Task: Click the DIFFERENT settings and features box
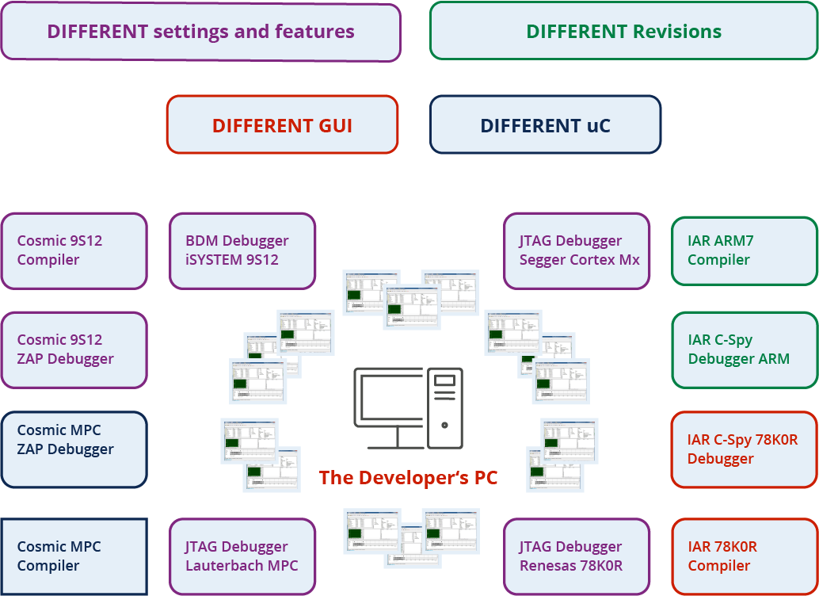coord(200,32)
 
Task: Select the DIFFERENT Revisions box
coord(623,32)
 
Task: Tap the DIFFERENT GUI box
coord(282,125)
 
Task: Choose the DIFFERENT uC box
coord(545,125)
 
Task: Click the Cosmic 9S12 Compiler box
coord(74,250)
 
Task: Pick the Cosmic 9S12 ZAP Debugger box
coord(74,350)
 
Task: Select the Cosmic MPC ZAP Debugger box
coord(74,449)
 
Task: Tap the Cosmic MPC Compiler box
coord(74,556)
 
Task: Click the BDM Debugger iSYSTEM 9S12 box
coord(242,250)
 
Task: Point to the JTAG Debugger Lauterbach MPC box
coord(242,556)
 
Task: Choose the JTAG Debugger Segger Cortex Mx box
coord(577,250)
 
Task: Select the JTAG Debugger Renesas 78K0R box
coord(577,556)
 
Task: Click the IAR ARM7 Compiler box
coord(744,250)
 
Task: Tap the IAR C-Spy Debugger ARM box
coord(744,350)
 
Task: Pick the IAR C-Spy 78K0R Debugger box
coord(744,449)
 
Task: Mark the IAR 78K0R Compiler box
coord(744,556)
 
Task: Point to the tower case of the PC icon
coord(445,407)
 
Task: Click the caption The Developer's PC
coord(408,478)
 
